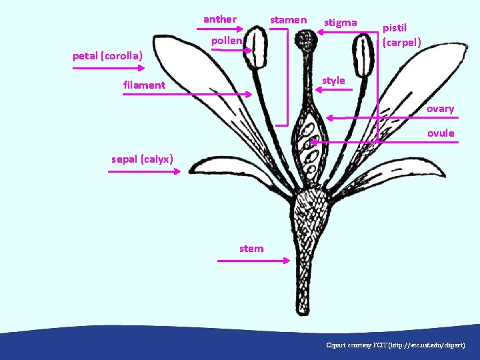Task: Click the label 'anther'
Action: click(219, 19)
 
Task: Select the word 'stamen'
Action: click(288, 20)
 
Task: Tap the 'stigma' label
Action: click(340, 23)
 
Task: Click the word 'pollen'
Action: click(227, 41)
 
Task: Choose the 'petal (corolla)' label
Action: click(109, 55)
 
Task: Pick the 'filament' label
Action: click(144, 85)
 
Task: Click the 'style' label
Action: click(333, 81)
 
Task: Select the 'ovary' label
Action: click(440, 109)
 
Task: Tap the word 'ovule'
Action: click(441, 133)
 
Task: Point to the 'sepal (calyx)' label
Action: click(142, 159)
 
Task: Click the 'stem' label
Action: click(251, 249)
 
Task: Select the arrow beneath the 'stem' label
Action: click(251, 260)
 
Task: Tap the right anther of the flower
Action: click(363, 55)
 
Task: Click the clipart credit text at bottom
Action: click(400, 345)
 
